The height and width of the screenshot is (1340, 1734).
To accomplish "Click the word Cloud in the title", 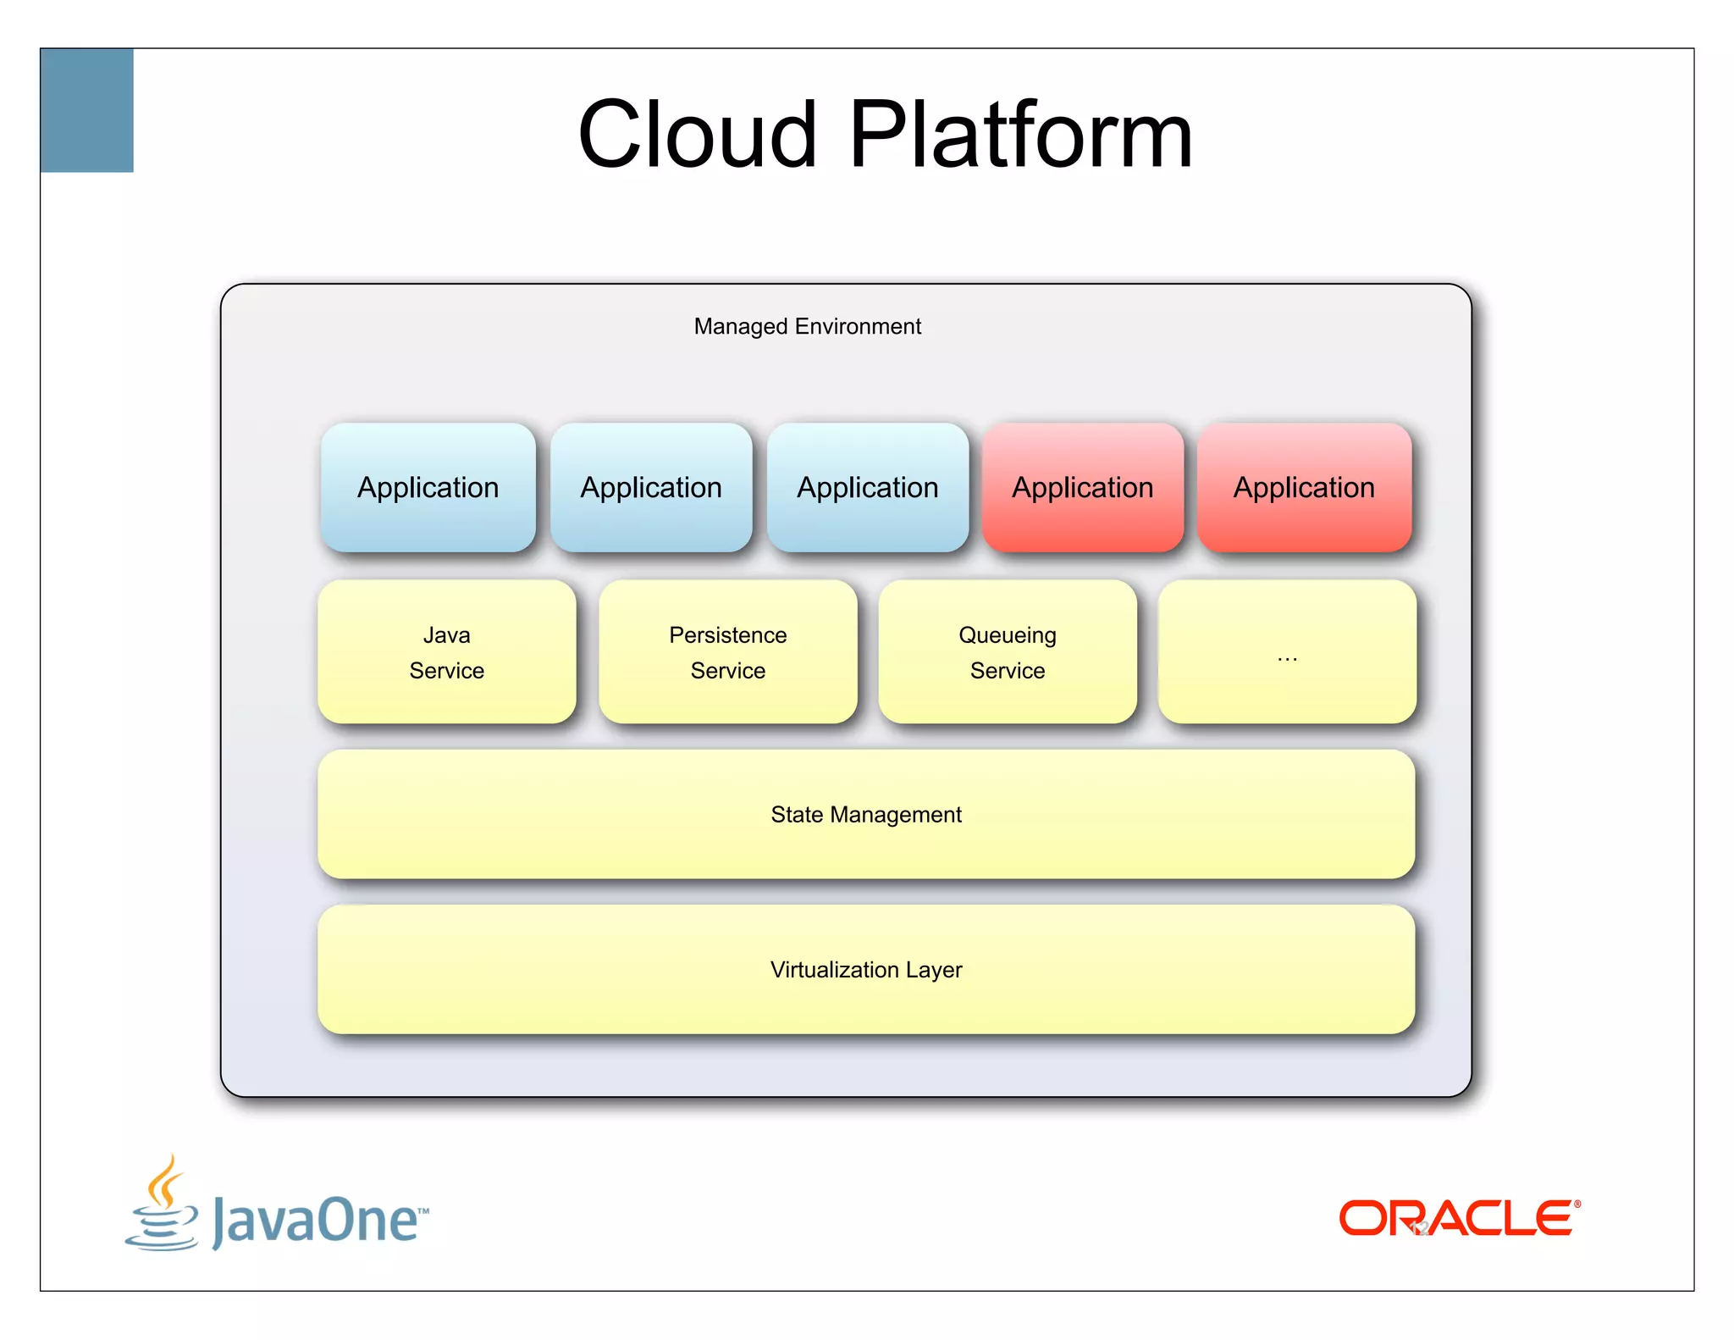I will click(x=697, y=135).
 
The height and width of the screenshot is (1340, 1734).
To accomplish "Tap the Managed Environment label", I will click(x=807, y=326).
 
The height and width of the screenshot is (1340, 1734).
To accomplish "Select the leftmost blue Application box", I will click(x=428, y=488).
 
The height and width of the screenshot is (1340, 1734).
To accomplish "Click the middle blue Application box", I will click(x=651, y=488).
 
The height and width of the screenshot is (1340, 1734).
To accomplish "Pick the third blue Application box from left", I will click(x=867, y=488).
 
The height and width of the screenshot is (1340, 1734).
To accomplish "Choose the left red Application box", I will click(x=1082, y=488).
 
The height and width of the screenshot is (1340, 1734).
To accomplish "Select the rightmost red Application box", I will click(x=1304, y=488).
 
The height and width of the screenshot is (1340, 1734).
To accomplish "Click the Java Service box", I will click(x=446, y=652).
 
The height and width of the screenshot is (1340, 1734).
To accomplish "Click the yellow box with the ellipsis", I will click(x=1286, y=652).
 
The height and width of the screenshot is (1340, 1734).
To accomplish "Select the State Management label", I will click(x=865, y=815).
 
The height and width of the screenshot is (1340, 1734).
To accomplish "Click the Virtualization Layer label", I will click(x=865, y=970).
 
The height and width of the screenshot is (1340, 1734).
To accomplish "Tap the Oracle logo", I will click(x=1459, y=1218).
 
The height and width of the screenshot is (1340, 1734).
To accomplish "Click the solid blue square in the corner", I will click(x=87, y=110).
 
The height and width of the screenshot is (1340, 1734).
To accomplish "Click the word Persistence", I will click(x=727, y=635).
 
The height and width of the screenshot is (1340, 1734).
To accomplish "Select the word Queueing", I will click(x=1007, y=635).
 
